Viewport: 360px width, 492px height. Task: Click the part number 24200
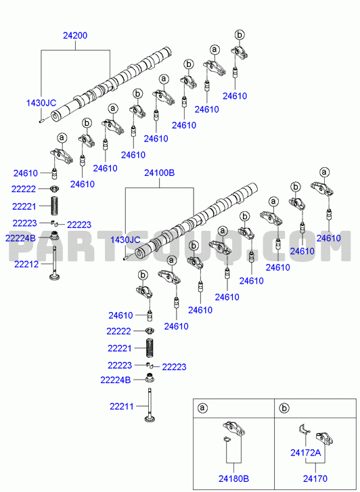click(75, 35)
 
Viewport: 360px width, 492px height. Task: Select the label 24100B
click(159, 173)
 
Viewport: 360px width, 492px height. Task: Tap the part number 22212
click(26, 264)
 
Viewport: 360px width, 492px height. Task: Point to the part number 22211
click(121, 407)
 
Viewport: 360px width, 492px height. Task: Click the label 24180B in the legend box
click(233, 479)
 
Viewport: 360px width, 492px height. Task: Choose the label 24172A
click(305, 453)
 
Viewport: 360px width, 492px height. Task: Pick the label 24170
click(315, 479)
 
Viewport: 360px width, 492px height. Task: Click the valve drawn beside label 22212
click(55, 263)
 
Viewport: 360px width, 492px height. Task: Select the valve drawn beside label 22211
click(150, 405)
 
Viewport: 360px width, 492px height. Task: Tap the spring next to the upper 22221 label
click(55, 206)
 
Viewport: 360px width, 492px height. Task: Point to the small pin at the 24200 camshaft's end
click(41, 121)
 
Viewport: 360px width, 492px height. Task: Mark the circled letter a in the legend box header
click(202, 408)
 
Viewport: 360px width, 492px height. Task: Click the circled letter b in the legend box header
click(284, 408)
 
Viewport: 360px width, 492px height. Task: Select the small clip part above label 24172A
click(304, 429)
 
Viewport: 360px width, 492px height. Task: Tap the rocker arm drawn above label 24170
click(324, 439)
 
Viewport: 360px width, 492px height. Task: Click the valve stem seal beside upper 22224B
click(55, 235)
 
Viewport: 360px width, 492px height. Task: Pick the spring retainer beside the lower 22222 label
click(150, 331)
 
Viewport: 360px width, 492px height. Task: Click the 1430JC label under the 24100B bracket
click(125, 240)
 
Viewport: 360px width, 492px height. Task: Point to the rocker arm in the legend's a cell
click(233, 428)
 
